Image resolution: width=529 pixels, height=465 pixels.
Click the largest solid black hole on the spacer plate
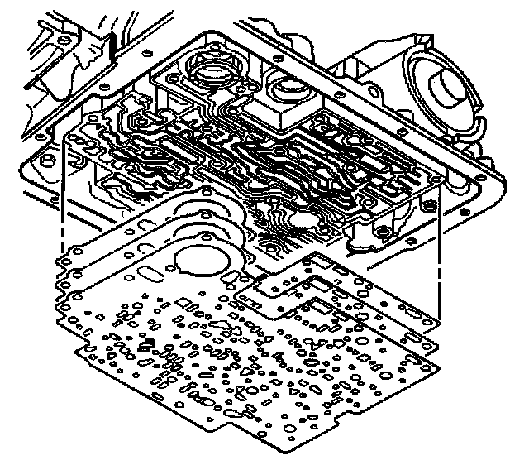pos(147,345)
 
